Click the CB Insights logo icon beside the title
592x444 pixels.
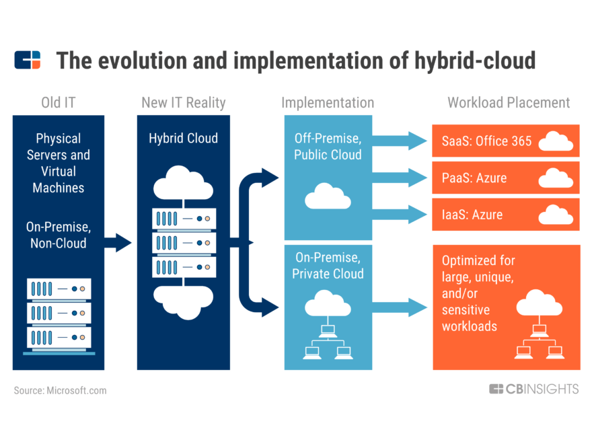(27, 60)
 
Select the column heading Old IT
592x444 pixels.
(58, 103)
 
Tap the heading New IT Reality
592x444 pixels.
(183, 103)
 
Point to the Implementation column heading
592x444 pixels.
(328, 103)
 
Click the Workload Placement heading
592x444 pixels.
(509, 103)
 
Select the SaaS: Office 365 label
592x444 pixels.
(486, 141)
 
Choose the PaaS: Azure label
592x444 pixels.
(474, 178)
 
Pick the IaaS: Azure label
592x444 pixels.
(472, 215)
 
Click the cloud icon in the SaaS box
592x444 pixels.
(556, 141)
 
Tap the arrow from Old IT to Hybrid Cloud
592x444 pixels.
(118, 242)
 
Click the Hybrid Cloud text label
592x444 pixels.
(183, 139)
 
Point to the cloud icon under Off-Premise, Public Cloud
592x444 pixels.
(328, 197)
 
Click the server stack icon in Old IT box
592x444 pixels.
(59, 316)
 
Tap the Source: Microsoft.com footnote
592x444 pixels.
(60, 390)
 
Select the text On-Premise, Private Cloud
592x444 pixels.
(328, 265)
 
